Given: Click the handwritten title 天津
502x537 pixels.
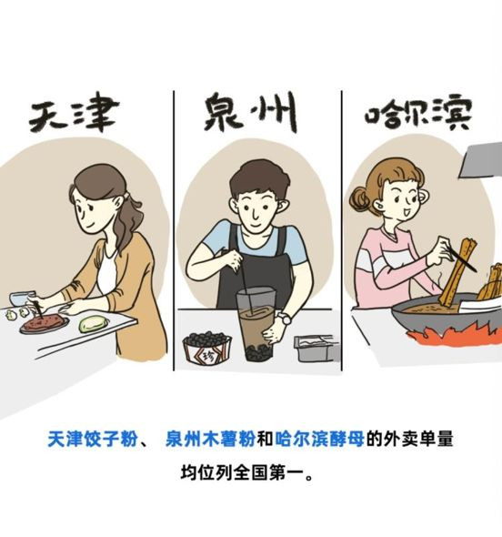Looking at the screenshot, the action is [x=75, y=115].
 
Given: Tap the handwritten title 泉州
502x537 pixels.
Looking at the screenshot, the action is [x=250, y=111].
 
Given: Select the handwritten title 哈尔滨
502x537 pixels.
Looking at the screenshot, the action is [x=418, y=113].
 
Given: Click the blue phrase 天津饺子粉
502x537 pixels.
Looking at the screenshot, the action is [x=93, y=439].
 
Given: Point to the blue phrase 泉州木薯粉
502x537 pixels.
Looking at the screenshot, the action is [x=210, y=439].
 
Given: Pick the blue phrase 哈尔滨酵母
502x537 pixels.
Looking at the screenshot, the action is [x=319, y=439].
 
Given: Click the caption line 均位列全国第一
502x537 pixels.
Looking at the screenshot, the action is [x=246, y=472].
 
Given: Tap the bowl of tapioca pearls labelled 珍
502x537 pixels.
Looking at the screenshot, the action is [x=207, y=348].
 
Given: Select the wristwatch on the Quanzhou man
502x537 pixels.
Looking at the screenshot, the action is [x=285, y=319].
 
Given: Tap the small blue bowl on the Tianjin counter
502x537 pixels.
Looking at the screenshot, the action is [x=22, y=298].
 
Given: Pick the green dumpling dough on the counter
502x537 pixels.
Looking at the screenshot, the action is [x=94, y=324].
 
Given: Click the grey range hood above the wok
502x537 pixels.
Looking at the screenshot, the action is [x=480, y=160].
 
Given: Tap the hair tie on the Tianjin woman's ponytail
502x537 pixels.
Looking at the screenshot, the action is [x=127, y=195].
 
